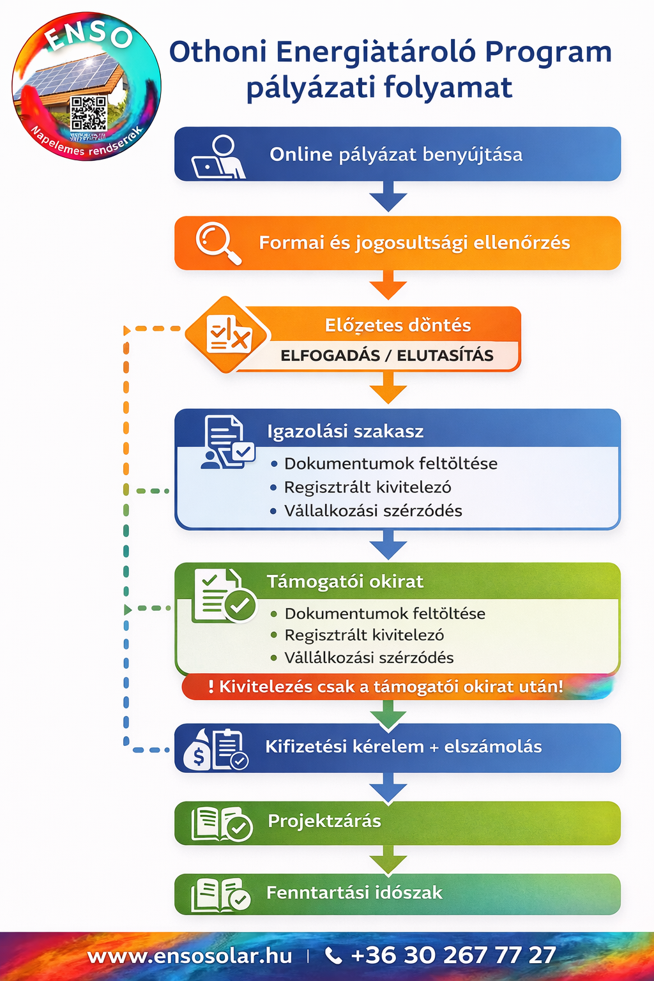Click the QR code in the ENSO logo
(88, 114)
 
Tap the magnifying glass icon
(218, 243)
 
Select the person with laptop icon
(218, 157)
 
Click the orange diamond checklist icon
(229, 334)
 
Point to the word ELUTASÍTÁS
(445, 356)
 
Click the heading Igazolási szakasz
(345, 431)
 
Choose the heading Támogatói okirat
(345, 581)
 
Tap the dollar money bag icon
(198, 750)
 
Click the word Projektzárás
(324, 821)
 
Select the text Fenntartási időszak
(354, 892)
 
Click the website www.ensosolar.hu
(190, 956)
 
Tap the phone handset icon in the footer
(333, 955)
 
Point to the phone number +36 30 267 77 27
(453, 955)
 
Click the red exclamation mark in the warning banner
(211, 687)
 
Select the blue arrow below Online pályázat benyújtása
(388, 197)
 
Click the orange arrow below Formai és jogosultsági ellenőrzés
(388, 285)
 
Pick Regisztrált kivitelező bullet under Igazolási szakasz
(367, 487)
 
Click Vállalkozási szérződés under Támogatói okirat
(369, 658)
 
